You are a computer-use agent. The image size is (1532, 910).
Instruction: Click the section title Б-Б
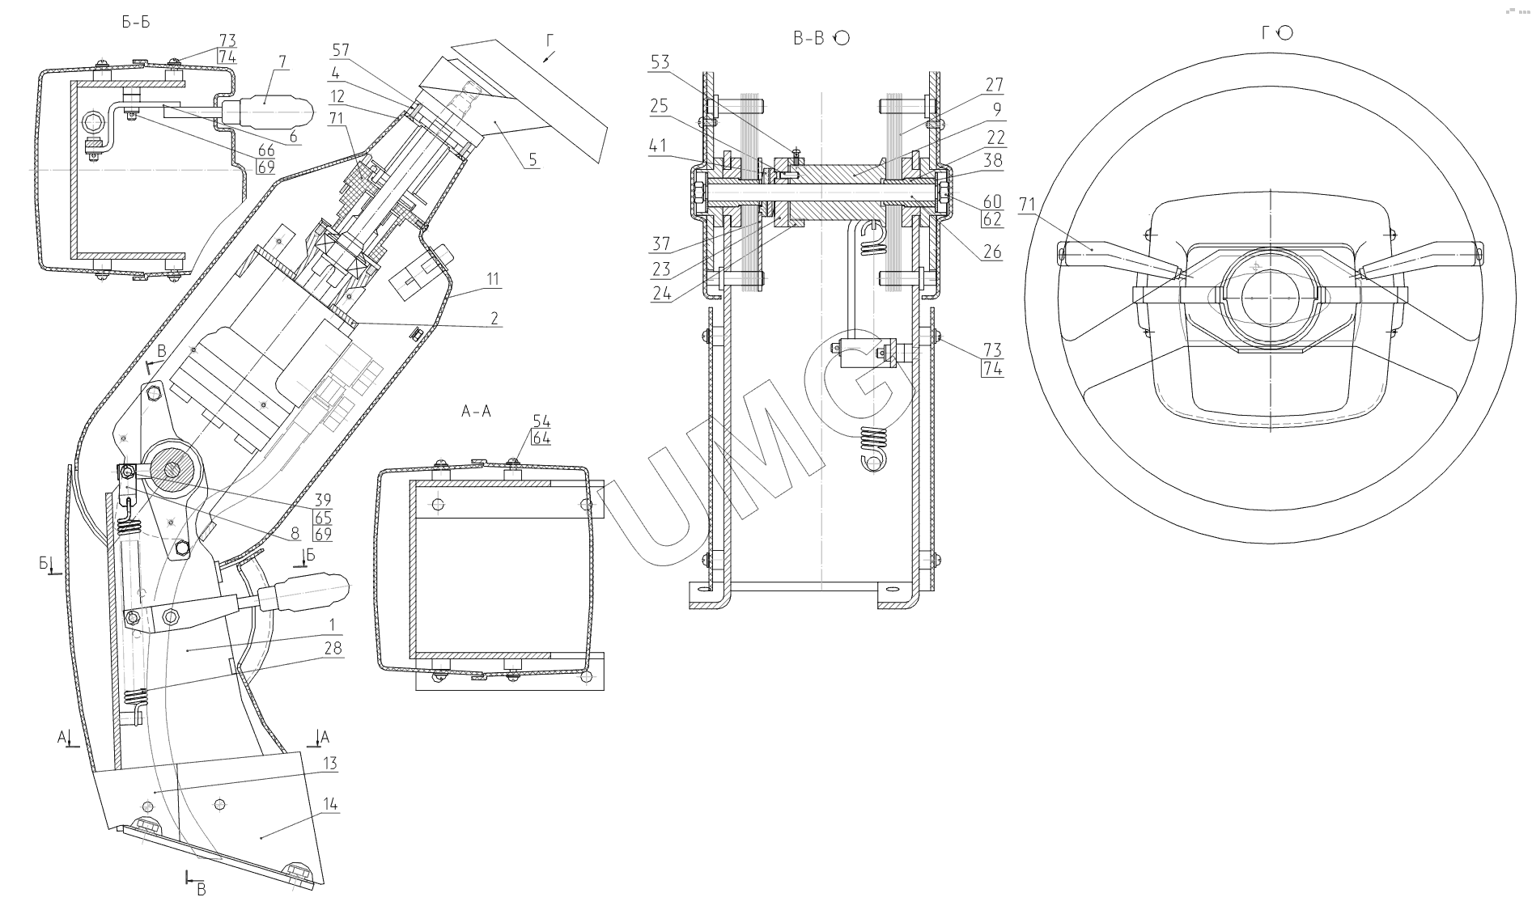(136, 22)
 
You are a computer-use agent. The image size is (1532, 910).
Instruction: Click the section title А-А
(476, 412)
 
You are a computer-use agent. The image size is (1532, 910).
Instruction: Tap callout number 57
(341, 50)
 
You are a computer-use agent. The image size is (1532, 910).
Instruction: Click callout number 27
(995, 85)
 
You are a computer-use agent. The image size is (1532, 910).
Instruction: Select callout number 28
(332, 648)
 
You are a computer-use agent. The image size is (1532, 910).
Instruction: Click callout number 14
(329, 804)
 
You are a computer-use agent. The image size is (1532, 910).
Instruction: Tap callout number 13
(329, 764)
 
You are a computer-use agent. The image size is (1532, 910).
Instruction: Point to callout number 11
(494, 280)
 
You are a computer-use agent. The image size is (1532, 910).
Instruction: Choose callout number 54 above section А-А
(541, 421)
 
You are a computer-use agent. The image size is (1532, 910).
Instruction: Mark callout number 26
(993, 252)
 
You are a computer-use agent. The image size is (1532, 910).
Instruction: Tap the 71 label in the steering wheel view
(1027, 205)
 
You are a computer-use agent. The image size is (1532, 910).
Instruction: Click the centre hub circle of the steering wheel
(1269, 298)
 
